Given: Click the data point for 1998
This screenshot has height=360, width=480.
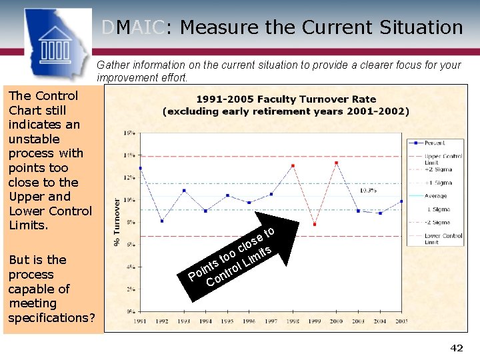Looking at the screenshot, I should tap(293, 166).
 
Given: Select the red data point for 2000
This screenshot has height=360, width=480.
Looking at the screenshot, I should tap(336, 163).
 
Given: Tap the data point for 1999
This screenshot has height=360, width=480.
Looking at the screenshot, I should tap(315, 224).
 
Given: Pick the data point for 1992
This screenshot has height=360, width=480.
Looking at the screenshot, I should tap(162, 221).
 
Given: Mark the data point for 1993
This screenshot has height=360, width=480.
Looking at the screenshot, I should tap(184, 191).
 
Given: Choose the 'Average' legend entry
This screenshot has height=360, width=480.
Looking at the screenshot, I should tap(435, 196).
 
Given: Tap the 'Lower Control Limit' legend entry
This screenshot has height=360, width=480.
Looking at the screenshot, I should tap(443, 239).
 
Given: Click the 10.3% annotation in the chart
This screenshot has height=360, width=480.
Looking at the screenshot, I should tap(369, 190).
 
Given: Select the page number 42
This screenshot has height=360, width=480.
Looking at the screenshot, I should tap(457, 348).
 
